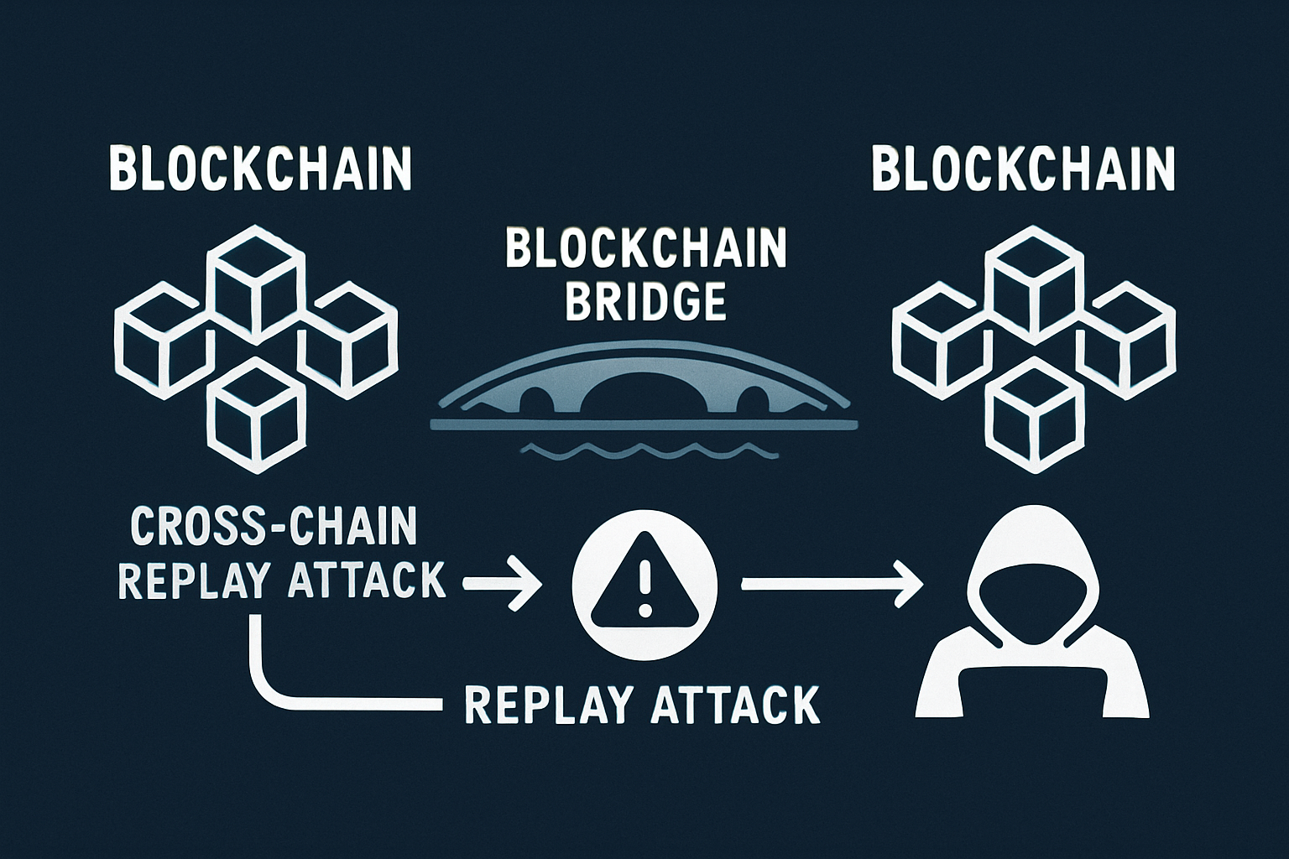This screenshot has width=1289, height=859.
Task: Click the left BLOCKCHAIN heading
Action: pyautogui.click(x=260, y=169)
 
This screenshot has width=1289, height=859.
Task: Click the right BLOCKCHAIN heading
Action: pyautogui.click(x=1023, y=169)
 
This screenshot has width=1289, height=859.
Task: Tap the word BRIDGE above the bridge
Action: pyautogui.click(x=645, y=301)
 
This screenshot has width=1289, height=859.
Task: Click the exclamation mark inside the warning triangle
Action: pyautogui.click(x=644, y=585)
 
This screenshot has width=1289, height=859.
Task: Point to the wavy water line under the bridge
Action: pyautogui.click(x=650, y=452)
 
